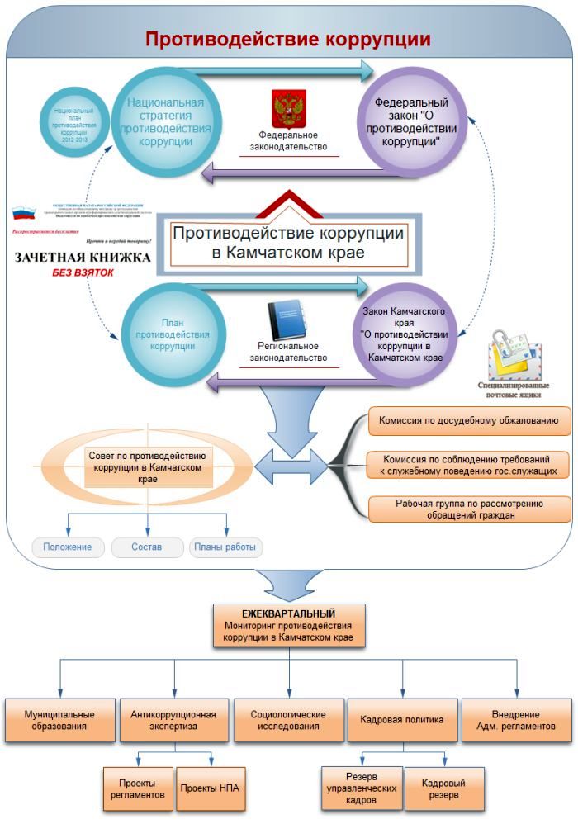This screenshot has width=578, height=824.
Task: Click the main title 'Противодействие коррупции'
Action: click(x=287, y=40)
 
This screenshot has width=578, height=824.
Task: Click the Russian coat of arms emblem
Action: click(x=288, y=109)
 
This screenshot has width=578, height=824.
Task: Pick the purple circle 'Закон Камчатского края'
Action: click(x=405, y=335)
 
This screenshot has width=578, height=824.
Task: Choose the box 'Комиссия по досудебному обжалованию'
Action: click(x=468, y=420)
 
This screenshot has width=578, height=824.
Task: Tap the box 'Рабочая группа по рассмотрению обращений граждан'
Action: click(x=468, y=509)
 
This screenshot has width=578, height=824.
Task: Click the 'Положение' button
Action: click(x=68, y=547)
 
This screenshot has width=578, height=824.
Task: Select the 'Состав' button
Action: click(x=146, y=547)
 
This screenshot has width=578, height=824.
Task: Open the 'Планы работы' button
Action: click(x=225, y=547)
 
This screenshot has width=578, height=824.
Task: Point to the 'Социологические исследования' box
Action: click(x=288, y=720)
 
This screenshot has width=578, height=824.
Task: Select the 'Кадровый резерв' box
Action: click(x=443, y=788)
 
